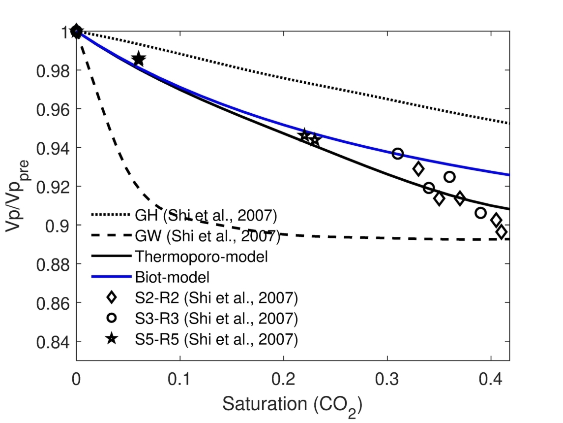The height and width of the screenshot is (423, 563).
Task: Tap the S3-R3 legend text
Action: click(x=216, y=319)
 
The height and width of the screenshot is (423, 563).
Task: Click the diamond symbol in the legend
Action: click(x=112, y=297)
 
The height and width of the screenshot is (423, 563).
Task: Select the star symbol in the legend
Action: click(x=112, y=339)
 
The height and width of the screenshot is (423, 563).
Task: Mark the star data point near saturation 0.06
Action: click(x=139, y=60)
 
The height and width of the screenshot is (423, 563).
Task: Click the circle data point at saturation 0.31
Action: click(x=398, y=154)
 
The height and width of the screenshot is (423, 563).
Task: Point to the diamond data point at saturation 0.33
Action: click(x=418, y=169)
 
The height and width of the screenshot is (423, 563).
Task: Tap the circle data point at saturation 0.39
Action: click(x=481, y=213)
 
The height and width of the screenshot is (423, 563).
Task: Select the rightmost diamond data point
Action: click(x=502, y=232)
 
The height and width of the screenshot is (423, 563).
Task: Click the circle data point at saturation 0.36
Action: click(x=449, y=177)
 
